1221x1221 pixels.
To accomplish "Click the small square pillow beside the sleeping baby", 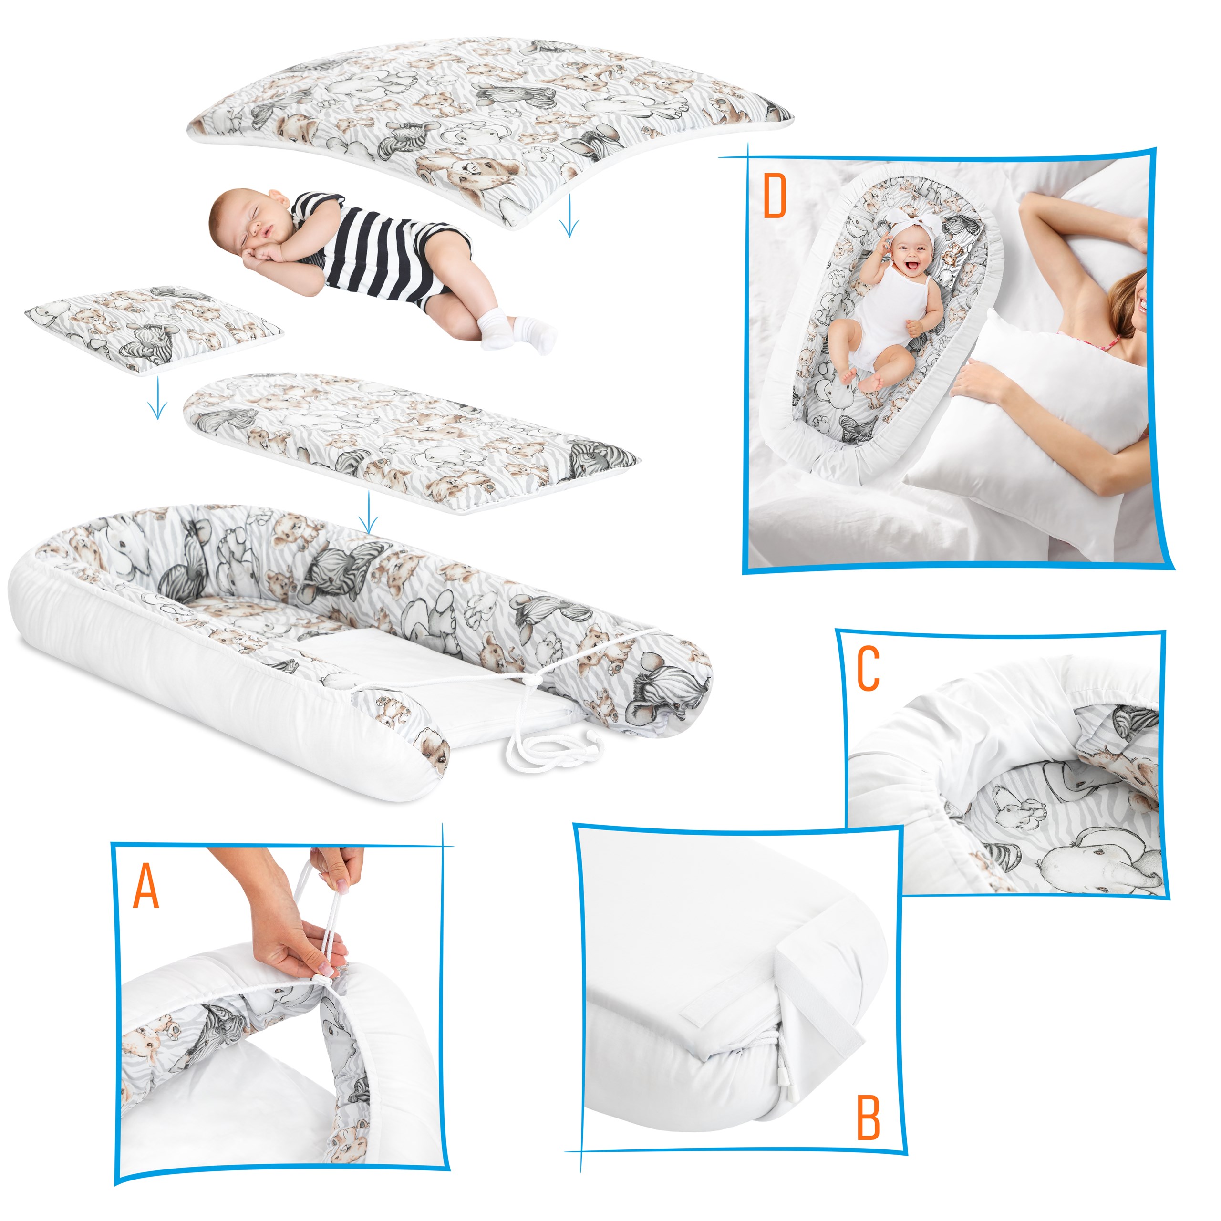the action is click(x=154, y=329).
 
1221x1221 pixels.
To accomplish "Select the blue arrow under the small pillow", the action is click(x=157, y=401).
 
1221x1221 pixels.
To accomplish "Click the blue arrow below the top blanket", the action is click(x=569, y=215).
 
